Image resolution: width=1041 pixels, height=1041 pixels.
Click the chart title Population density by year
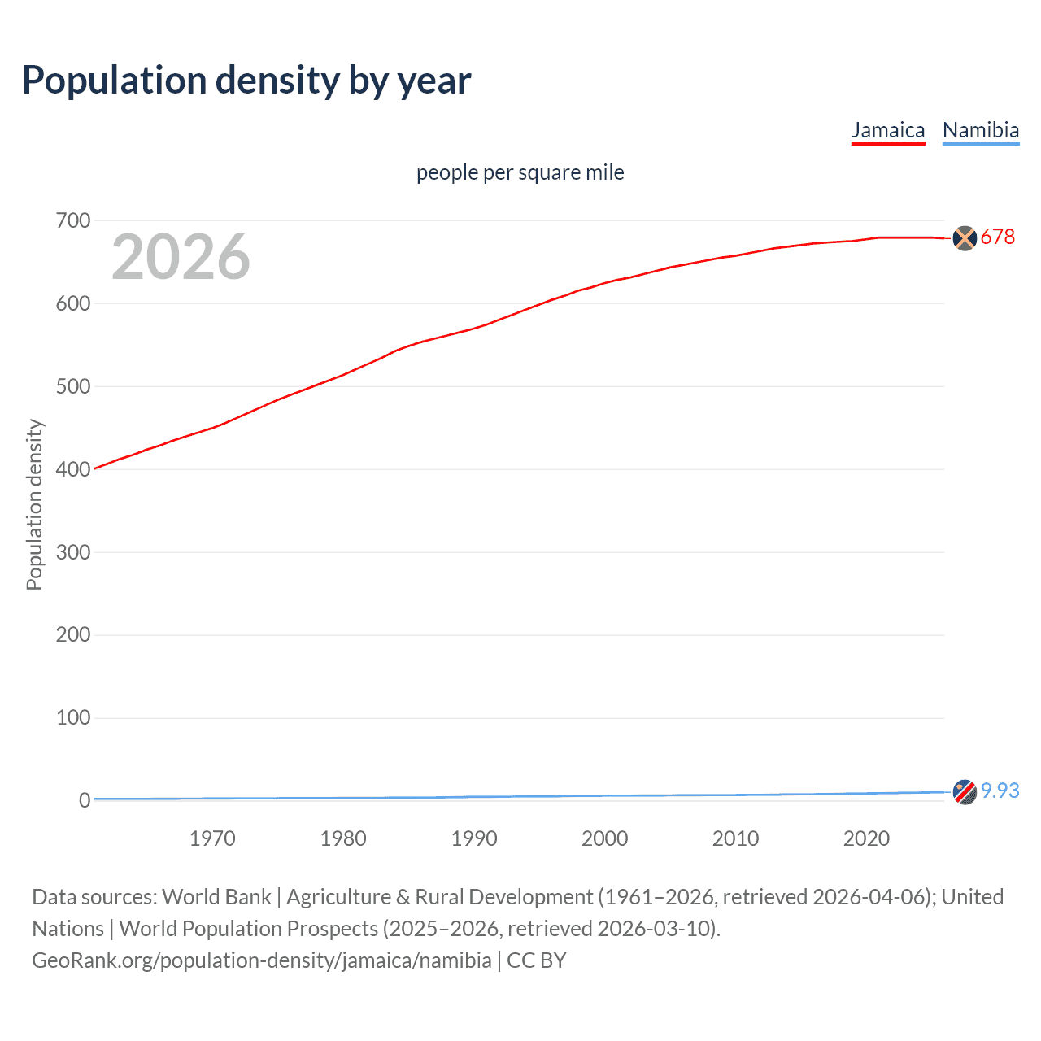point(246,81)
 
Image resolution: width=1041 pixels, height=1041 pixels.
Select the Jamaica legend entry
point(888,130)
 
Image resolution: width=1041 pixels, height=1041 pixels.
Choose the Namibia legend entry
point(980,130)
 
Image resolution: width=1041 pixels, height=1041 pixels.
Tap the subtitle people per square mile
point(520,172)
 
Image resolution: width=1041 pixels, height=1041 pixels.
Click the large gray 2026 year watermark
point(181,257)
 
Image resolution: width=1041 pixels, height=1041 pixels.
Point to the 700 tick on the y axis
point(73,220)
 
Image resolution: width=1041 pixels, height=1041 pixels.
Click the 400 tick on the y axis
point(73,469)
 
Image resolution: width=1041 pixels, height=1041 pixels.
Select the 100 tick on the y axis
point(73,717)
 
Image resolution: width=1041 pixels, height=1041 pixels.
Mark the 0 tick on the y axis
point(85,800)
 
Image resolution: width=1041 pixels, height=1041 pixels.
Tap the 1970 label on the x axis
point(212,838)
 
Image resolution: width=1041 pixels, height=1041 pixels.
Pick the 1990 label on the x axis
point(474,838)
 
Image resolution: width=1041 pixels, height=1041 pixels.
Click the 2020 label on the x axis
point(866,838)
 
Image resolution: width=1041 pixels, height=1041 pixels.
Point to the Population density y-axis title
point(34,504)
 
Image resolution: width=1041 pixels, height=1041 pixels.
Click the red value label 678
point(998,237)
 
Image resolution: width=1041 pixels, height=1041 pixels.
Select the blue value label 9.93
point(1000,791)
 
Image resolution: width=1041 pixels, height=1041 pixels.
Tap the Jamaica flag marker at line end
point(965,238)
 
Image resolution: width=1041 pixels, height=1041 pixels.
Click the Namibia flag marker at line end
point(965,791)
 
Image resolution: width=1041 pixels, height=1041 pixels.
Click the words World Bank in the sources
point(216,897)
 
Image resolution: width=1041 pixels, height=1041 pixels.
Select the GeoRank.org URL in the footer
point(261,960)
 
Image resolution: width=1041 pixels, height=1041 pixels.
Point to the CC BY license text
point(537,960)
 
